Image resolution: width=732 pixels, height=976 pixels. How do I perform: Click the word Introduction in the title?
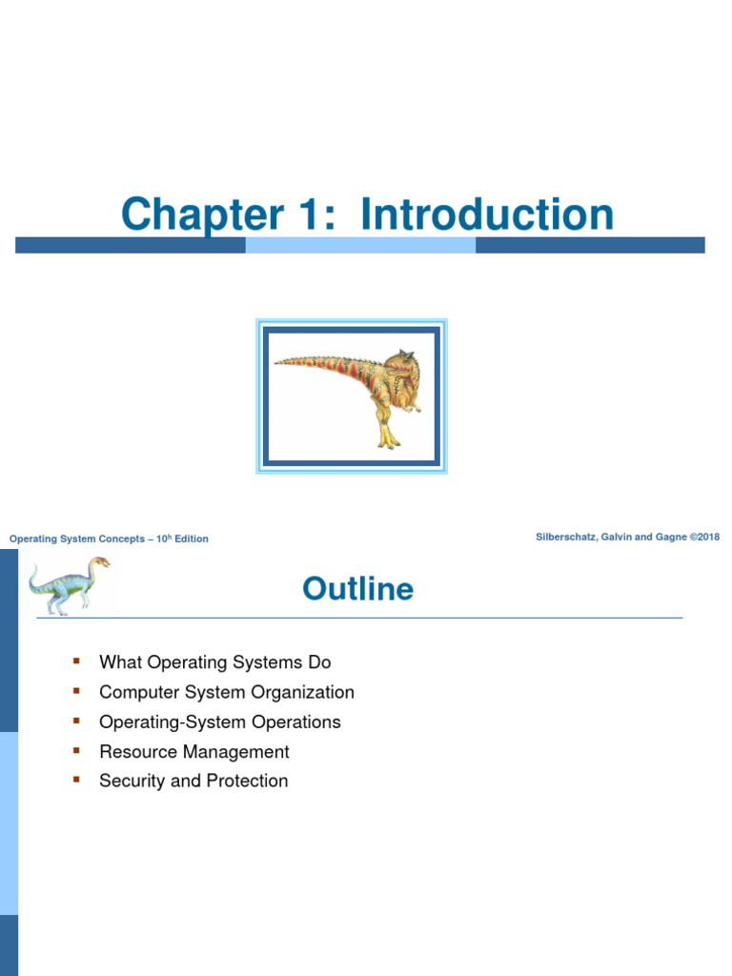[x=487, y=213]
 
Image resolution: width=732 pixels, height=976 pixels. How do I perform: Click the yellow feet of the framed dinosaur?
[x=388, y=439]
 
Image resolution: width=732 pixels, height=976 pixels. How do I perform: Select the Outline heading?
[x=357, y=589]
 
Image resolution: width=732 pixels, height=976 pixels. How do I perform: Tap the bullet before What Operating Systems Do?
[x=76, y=661]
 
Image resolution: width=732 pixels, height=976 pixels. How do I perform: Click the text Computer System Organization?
[x=226, y=692]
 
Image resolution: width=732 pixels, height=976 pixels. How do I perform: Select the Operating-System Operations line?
[x=219, y=722]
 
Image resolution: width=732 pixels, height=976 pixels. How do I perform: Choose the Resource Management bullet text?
[x=193, y=751]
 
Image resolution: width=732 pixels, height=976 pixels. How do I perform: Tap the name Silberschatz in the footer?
[x=569, y=538]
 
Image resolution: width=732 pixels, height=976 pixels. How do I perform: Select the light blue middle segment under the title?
[x=360, y=245]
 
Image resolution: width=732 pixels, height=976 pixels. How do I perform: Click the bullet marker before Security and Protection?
[x=76, y=780]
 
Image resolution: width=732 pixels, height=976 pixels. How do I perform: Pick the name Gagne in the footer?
[x=666, y=538]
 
